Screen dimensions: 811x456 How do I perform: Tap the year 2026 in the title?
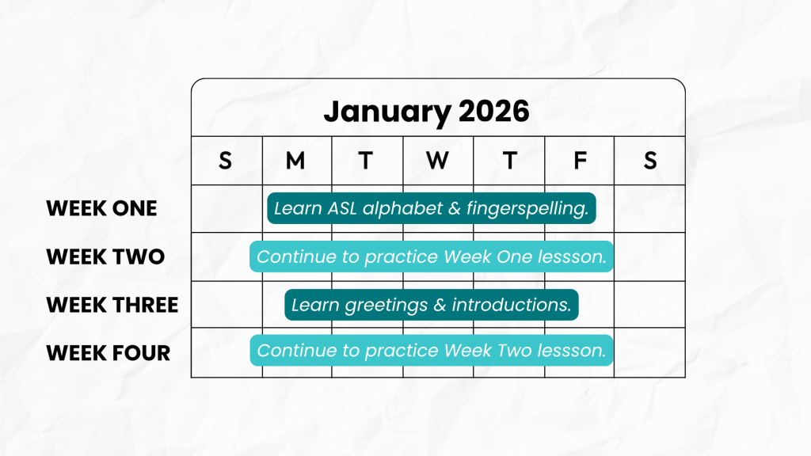[494, 111]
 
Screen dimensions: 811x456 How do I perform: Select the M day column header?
[295, 161]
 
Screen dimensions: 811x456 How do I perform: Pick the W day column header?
[437, 161]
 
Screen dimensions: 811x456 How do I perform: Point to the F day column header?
[581, 161]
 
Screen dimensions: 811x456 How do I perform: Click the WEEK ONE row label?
[102, 208]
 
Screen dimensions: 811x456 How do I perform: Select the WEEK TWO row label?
[105, 256]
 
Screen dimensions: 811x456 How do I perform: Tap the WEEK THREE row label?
[112, 305]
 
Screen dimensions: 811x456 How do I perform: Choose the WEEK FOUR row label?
[109, 353]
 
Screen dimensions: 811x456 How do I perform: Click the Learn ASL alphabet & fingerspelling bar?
[432, 208]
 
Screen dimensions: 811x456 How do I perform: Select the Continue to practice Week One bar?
[432, 256]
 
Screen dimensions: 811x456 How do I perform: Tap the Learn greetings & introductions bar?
[432, 305]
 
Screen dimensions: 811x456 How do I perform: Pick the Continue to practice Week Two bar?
[432, 351]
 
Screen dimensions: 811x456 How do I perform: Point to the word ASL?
[342, 208]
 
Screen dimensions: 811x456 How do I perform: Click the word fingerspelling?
[527, 209]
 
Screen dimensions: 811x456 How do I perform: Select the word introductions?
[512, 305]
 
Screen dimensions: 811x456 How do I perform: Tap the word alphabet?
[403, 209]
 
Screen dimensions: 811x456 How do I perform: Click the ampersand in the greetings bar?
[440, 305]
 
